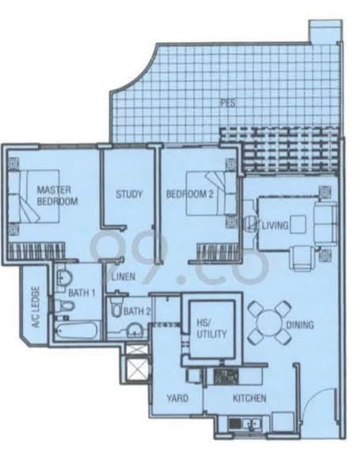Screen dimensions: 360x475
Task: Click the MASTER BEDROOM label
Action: [57, 196]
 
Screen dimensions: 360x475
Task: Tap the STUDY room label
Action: [129, 194]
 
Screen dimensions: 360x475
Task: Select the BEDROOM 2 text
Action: [190, 194]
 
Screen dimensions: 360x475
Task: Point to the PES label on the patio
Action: [228, 103]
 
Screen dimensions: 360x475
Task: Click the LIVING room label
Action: [275, 226]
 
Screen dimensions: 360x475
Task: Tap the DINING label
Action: [300, 325]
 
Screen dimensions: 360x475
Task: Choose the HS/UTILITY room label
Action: [211, 328]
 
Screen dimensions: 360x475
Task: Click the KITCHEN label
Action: [249, 398]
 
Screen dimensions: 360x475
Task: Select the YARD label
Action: [178, 398]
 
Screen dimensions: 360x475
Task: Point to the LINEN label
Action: [123, 276]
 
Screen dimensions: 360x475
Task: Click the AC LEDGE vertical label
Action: [36, 307]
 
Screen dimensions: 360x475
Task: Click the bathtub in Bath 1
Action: [78, 330]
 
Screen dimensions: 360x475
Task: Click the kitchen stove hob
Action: [226, 377]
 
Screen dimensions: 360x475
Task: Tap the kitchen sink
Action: [252, 422]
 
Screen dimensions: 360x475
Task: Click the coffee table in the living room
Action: [298, 225]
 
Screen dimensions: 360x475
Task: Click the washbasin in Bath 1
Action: [65, 277]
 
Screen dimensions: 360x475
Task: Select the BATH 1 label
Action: [81, 293]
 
